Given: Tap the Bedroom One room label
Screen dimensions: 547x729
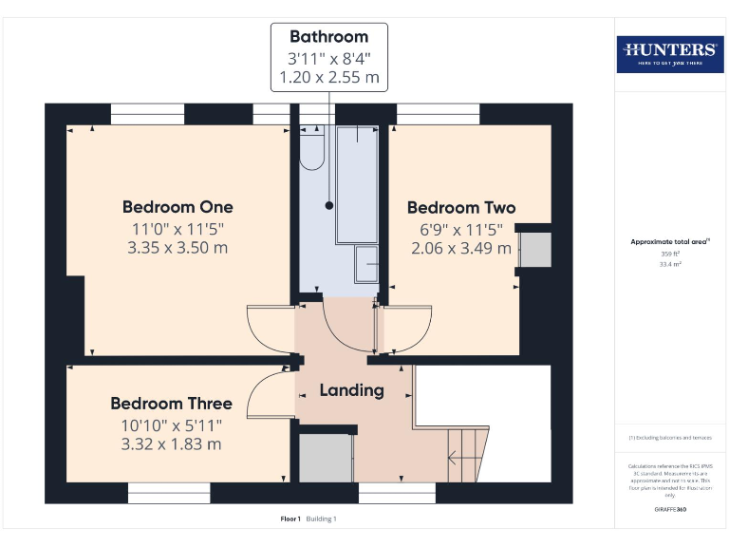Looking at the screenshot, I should [178, 207].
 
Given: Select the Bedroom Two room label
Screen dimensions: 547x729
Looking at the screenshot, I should [461, 208].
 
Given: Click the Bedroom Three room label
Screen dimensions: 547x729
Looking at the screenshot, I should [171, 404].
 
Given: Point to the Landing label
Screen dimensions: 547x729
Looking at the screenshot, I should [351, 390].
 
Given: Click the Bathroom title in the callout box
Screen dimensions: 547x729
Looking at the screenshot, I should [328, 37].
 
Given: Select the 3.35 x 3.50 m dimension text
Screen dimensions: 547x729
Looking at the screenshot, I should [178, 248].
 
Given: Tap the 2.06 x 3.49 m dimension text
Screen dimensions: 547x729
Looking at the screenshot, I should [461, 248].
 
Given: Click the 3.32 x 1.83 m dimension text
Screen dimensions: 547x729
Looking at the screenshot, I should [171, 443].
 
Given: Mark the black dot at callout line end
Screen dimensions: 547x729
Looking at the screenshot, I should [329, 205].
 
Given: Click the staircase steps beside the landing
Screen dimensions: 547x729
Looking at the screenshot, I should [466, 454].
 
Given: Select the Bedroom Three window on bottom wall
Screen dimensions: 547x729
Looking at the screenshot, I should [169, 493].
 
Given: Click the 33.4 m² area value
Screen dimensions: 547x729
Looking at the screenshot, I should [671, 265].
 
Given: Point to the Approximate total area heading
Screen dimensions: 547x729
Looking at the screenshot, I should [670, 242].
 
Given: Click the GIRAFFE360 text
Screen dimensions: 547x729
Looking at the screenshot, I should [670, 510].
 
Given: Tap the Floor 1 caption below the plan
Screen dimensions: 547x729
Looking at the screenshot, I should [290, 519].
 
